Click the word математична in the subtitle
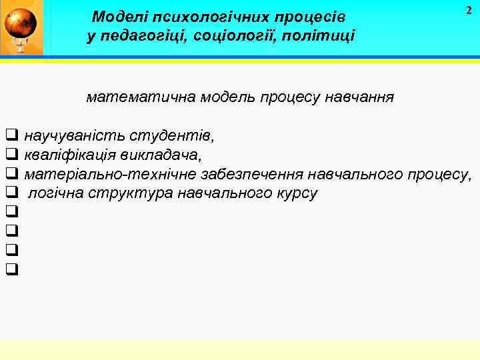[130, 97]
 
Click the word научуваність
[73, 137]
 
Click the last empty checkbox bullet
[11, 269]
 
